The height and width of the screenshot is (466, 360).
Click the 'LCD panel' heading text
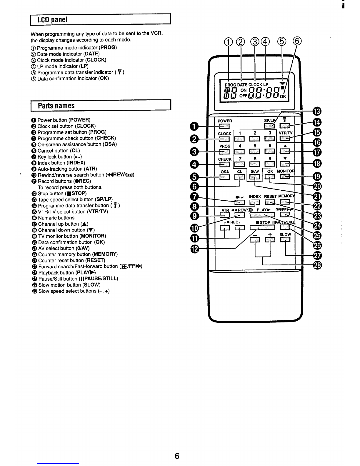click(x=52, y=20)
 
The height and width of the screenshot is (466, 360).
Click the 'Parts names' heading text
click(x=56, y=106)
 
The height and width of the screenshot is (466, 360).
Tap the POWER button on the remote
click(x=224, y=127)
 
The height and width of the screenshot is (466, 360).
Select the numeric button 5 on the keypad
click(x=254, y=152)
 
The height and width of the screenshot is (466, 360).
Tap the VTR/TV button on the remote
click(x=285, y=138)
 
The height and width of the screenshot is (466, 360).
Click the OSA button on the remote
click(x=224, y=177)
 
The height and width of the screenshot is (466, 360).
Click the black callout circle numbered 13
click(x=317, y=111)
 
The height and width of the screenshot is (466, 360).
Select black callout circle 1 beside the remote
click(x=194, y=126)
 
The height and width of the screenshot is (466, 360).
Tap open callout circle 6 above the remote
click(x=297, y=41)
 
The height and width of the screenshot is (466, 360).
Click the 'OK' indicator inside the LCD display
click(x=283, y=96)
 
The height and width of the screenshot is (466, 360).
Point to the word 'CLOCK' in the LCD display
click(x=255, y=84)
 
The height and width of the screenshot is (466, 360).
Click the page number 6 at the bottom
click(x=177, y=456)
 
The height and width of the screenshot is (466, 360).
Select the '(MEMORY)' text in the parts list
click(x=105, y=254)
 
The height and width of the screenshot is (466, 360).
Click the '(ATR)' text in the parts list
click(x=90, y=169)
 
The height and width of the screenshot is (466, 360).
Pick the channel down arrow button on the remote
click(x=285, y=164)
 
